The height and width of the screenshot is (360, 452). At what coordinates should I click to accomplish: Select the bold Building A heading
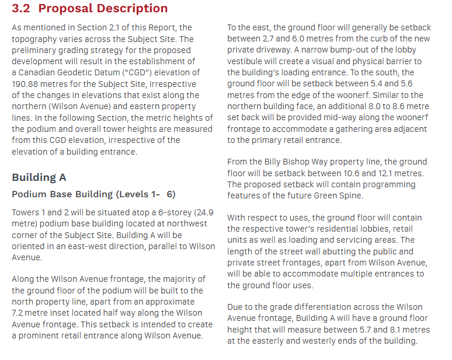click(x=39, y=177)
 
